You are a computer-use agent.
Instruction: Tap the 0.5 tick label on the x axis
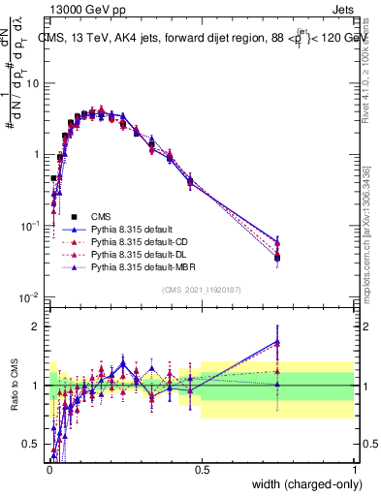[202, 470]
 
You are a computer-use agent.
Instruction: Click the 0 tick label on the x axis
[48, 470]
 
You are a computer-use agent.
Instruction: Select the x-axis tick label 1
[355, 470]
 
